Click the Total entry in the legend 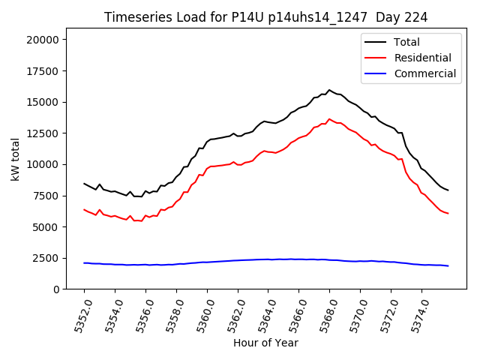point(407,42)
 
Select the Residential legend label point(423,58)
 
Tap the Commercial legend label point(425,73)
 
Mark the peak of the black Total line point(329,90)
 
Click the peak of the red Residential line point(329,118)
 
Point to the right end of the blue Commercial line point(448,265)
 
